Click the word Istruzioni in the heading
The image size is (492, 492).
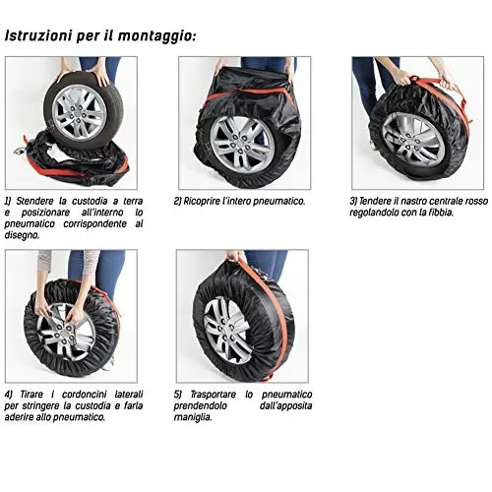38,35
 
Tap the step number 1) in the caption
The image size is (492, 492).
9,200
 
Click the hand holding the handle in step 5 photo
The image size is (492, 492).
233,258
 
